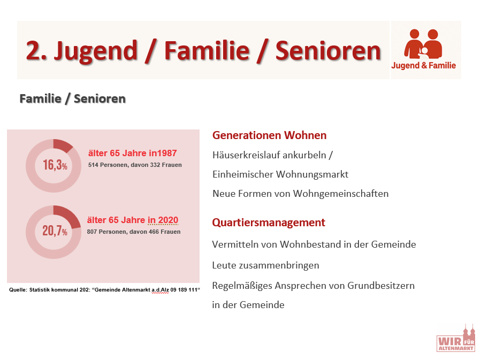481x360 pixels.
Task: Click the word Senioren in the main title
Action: coord(328,51)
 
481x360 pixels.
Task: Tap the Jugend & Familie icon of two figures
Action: coord(423,44)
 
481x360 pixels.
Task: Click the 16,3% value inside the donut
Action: coord(55,165)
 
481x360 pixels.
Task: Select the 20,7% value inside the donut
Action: coord(55,231)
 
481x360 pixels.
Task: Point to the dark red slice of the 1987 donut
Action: coord(62,145)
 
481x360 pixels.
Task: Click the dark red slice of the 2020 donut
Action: coord(68,215)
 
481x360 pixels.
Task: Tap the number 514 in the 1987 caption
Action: coord(93,165)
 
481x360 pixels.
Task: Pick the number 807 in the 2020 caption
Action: coord(92,232)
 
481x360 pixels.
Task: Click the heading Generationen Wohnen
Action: coord(269,135)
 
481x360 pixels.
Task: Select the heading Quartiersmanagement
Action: coord(269,223)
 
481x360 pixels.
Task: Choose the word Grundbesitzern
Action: coord(381,286)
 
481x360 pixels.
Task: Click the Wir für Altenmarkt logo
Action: coord(456,338)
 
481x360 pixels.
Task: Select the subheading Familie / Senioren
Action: coord(72,99)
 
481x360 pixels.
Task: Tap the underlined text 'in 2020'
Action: coord(163,220)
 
